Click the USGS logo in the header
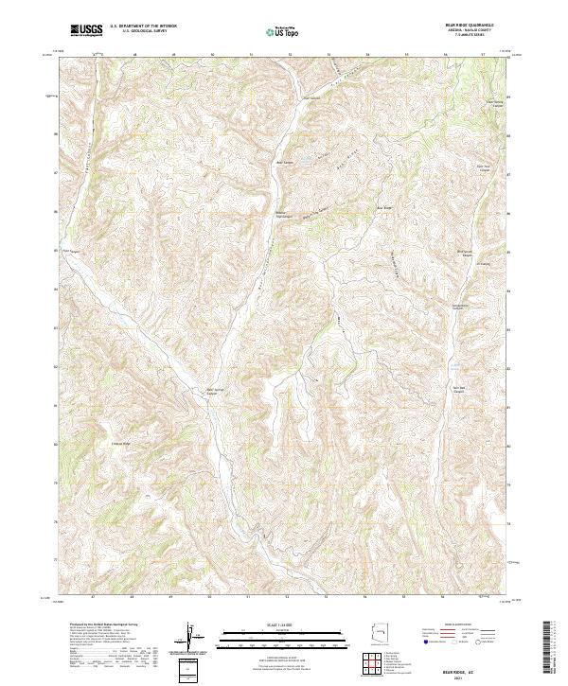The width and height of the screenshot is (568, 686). [x=87, y=30]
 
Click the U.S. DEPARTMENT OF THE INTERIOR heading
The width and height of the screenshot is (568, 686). [x=143, y=26]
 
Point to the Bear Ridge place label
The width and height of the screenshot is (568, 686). [x=385, y=208]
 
